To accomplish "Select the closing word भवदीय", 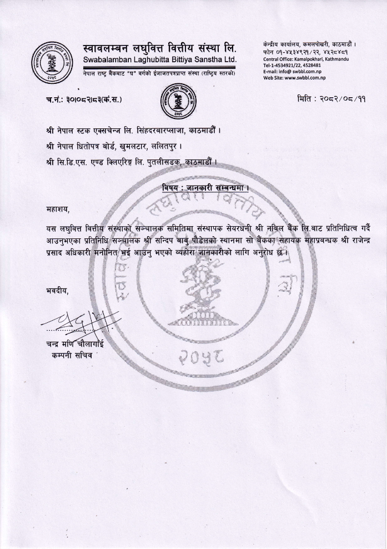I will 58,290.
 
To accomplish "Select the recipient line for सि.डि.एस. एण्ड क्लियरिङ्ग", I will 132,162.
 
